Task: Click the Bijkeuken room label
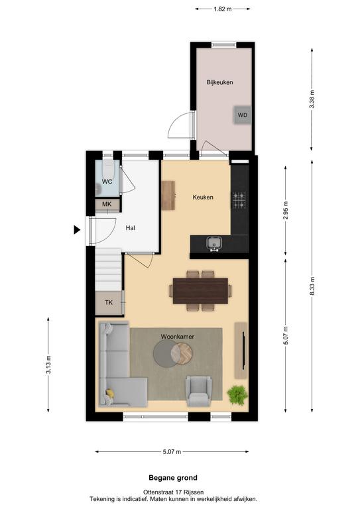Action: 219,82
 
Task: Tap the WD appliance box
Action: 242,115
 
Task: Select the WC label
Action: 107,182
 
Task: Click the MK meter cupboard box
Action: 107,205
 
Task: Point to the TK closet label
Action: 109,302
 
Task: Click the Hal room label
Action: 130,228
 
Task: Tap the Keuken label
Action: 203,198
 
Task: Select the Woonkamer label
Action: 178,337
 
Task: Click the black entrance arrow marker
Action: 77,230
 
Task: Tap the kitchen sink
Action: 214,244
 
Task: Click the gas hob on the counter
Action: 239,199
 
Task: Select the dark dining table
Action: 200,291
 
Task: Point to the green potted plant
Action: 237,395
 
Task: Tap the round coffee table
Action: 172,353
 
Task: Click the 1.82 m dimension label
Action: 223,9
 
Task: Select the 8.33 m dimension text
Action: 312,286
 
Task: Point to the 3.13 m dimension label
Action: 48,365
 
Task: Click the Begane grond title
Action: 173,478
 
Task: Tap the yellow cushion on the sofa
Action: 110,393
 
